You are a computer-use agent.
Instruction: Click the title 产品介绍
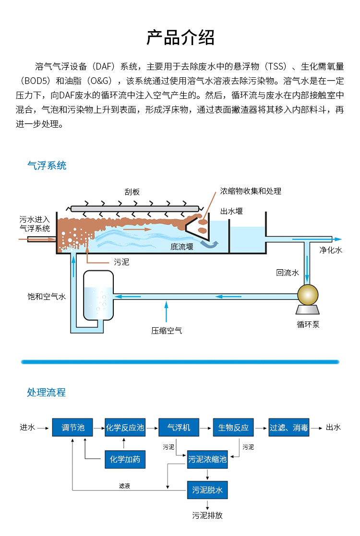tap(180, 37)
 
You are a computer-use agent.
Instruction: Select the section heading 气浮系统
tap(47, 166)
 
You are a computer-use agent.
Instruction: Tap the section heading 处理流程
tap(46, 393)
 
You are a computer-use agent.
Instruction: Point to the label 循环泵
tap(308, 324)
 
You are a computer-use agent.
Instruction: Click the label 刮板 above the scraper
tap(132, 192)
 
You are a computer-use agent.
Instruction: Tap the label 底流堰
tap(181, 247)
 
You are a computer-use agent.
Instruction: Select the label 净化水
tap(331, 250)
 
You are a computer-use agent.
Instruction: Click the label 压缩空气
tap(167, 331)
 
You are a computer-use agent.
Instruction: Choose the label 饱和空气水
tap(46, 297)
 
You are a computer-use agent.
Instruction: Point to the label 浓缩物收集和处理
tap(251, 191)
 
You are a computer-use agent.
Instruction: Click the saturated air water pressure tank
tap(98, 295)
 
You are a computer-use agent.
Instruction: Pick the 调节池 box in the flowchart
tap(72, 427)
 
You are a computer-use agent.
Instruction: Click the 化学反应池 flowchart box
tap(125, 427)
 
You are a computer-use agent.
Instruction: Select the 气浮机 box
tap(179, 427)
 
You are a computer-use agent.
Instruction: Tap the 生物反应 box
tap(233, 427)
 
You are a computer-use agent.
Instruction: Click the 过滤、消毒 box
tap(288, 427)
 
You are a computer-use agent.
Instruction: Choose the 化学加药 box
tap(125, 459)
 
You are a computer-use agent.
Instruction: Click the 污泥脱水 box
tap(207, 490)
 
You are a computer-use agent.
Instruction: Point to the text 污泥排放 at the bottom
tap(207, 516)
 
